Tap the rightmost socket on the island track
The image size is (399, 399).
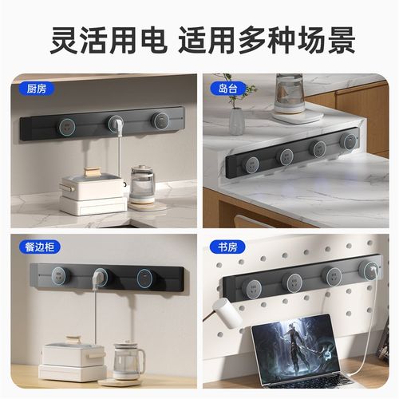pyautogui.click(x=347, y=141)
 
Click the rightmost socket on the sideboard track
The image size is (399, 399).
pyautogui.click(x=144, y=277)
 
